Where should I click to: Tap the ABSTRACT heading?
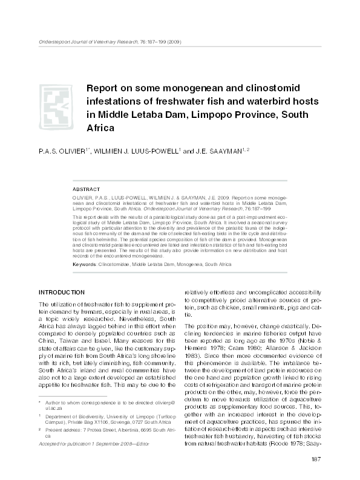point(86,188)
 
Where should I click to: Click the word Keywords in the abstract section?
point(85,265)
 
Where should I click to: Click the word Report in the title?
point(105,87)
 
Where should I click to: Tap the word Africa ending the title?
point(102,129)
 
